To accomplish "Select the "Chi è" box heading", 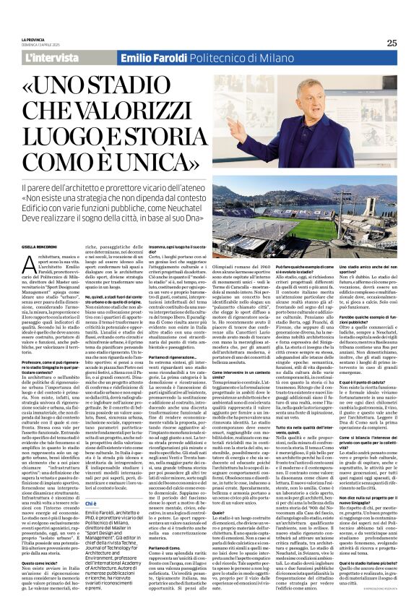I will pos(90,483).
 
